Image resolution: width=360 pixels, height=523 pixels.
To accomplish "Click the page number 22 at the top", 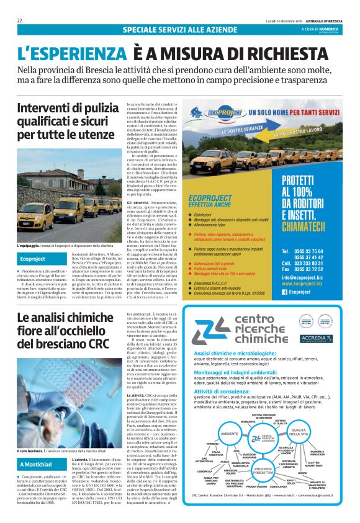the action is coord(20,20).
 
